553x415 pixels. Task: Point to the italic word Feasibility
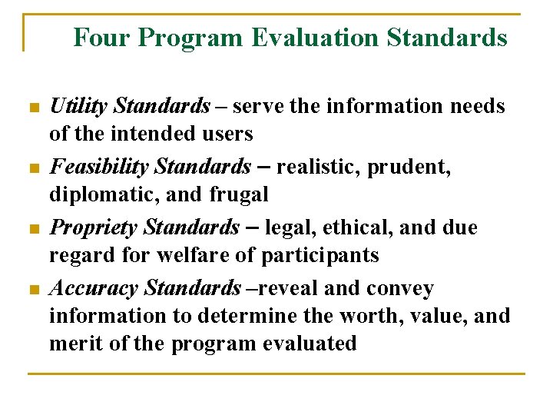coord(99,167)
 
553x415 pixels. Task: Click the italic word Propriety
coord(94,228)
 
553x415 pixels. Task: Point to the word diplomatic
coord(98,195)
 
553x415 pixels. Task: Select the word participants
coord(327,255)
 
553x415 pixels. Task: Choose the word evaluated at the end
coord(312,344)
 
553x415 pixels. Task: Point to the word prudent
coord(412,167)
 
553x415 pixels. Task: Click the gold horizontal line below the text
coord(276,374)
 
